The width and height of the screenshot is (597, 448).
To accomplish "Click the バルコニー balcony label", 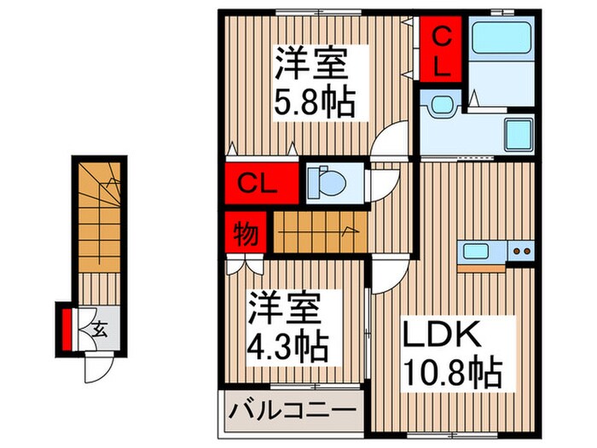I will tap(291, 411).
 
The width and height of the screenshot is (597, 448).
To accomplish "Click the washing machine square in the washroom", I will tap(519, 133).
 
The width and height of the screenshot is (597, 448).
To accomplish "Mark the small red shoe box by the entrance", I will tap(67, 325).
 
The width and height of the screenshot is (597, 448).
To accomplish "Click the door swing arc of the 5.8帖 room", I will tap(392, 137).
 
